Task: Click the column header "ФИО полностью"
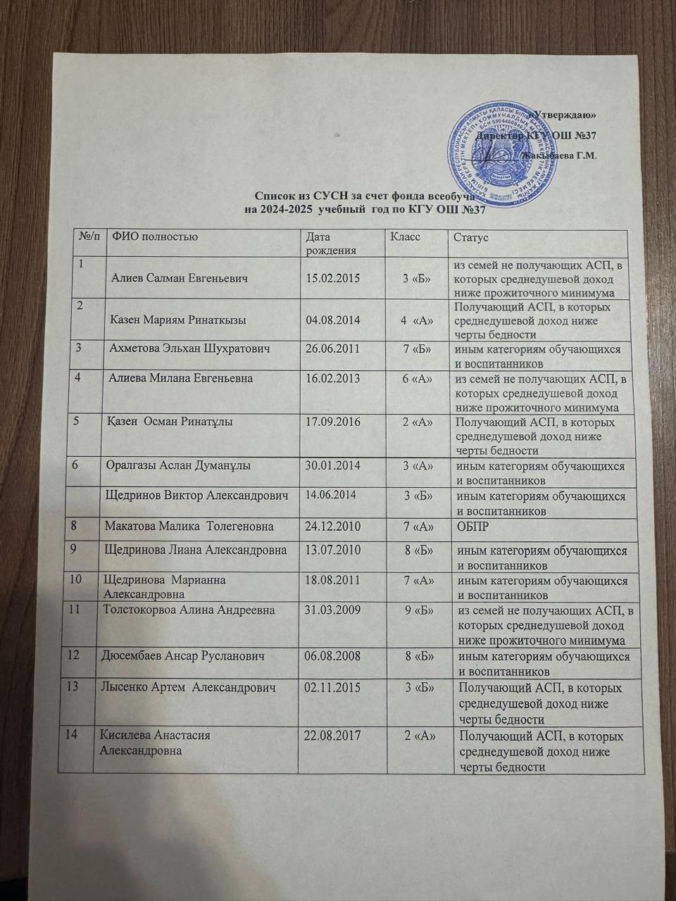tap(151, 237)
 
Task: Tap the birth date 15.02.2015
tap(332, 278)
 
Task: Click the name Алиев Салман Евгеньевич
tap(180, 278)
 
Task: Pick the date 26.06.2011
tap(333, 349)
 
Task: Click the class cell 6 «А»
tap(417, 379)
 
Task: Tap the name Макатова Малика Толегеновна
tap(189, 526)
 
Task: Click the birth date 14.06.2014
tap(329, 495)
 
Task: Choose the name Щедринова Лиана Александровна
tap(196, 550)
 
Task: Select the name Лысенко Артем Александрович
tap(184, 687)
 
